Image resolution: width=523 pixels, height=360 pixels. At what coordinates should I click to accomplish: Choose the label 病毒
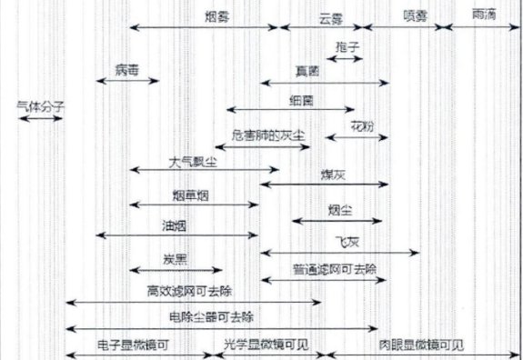(x=128, y=68)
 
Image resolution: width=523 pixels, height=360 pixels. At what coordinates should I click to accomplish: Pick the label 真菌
(x=307, y=70)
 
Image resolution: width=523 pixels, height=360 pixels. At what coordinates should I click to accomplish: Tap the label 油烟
(x=175, y=223)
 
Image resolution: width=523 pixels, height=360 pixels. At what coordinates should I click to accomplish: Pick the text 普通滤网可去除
(x=327, y=269)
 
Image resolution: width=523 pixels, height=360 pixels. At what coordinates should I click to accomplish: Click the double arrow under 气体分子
(x=39, y=117)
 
